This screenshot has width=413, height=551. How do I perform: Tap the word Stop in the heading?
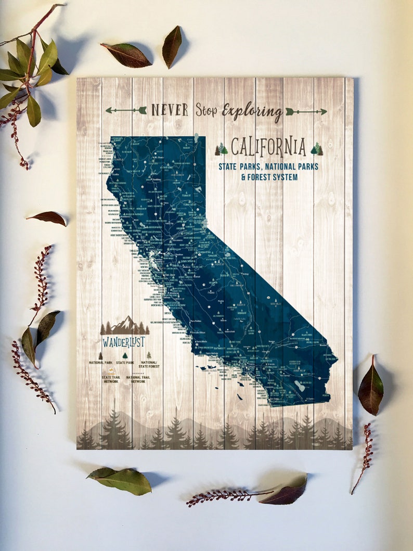pos(206,110)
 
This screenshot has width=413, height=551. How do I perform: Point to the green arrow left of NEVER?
pos(126,110)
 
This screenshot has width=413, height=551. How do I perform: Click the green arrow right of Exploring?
pos(306,111)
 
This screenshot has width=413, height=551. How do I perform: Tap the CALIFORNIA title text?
pos(268,147)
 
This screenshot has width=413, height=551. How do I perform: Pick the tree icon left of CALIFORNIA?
pos(221,149)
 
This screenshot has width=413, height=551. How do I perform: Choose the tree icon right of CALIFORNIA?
pos(317,149)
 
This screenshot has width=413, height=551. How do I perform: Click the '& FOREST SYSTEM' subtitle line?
pos(269,177)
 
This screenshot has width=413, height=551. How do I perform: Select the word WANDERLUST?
pos(124,342)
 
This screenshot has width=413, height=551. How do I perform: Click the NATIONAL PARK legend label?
pos(100,362)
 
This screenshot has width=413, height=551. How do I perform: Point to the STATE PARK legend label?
pos(125,362)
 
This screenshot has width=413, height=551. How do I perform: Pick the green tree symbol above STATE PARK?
pos(125,355)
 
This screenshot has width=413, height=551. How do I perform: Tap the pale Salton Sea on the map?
pos(300,386)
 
